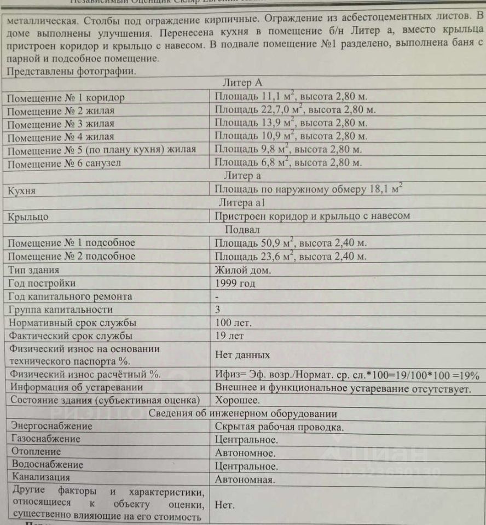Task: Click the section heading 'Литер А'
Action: (x=243, y=83)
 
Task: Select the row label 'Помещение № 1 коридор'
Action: (x=66, y=98)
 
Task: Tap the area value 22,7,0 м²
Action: (x=294, y=109)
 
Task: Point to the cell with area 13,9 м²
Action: (x=291, y=122)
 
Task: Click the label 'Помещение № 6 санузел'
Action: (x=63, y=162)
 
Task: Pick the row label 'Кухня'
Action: (x=22, y=190)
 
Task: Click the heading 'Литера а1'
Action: (x=242, y=203)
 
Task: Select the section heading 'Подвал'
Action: (x=242, y=229)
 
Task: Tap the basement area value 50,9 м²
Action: (x=291, y=242)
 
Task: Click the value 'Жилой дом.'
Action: (x=242, y=270)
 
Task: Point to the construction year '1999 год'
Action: (x=235, y=283)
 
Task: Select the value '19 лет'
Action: (x=229, y=336)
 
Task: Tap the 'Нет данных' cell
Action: (x=242, y=355)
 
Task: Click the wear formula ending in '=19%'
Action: (x=347, y=375)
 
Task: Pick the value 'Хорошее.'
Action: (x=238, y=401)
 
